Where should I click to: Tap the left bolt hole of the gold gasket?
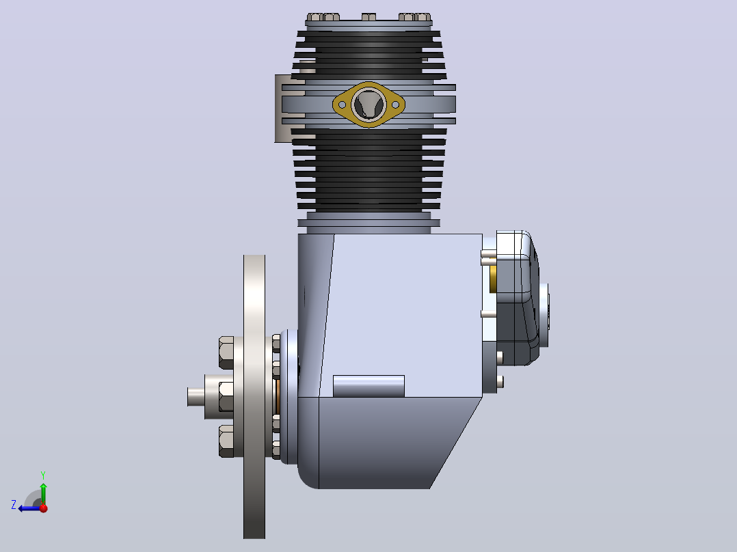point(342,105)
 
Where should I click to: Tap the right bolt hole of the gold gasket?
point(395,105)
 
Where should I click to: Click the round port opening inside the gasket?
point(368,105)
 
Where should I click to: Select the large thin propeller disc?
point(254,396)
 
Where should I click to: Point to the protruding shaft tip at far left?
point(196,396)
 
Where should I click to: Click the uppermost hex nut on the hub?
point(226,353)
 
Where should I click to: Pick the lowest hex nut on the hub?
point(226,441)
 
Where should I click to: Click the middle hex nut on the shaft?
point(226,396)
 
